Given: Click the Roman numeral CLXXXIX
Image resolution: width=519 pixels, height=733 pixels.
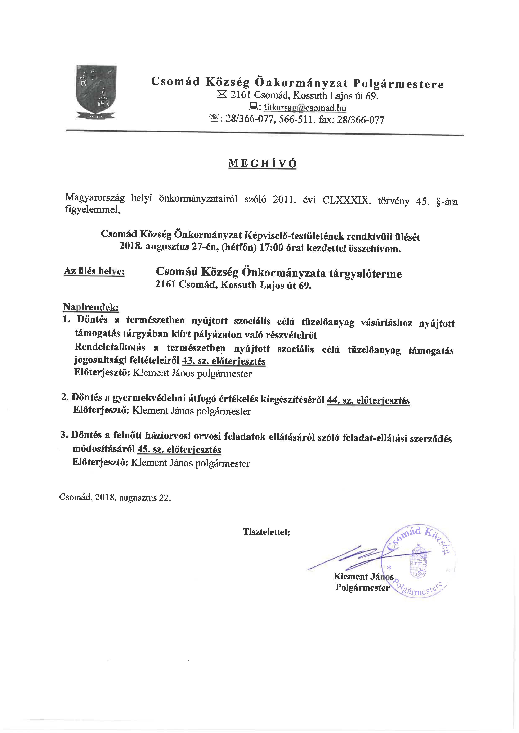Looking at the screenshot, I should [x=346, y=200].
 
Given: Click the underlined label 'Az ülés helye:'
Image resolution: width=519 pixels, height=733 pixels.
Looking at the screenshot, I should [x=94, y=271].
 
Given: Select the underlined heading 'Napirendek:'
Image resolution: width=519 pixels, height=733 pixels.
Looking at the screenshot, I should [x=91, y=307].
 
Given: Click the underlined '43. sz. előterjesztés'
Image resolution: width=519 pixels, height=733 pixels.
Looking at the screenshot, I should [x=224, y=361].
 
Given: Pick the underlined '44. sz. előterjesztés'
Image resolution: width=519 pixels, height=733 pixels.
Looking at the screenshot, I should [x=368, y=400].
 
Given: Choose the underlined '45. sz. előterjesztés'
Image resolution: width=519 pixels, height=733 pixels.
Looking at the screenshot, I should [x=179, y=450].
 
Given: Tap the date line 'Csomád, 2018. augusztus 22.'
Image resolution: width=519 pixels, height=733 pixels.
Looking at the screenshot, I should [x=115, y=498].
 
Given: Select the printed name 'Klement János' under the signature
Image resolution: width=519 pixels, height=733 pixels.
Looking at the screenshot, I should [x=363, y=576].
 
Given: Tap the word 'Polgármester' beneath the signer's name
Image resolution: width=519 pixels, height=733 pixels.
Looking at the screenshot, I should [x=362, y=587].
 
